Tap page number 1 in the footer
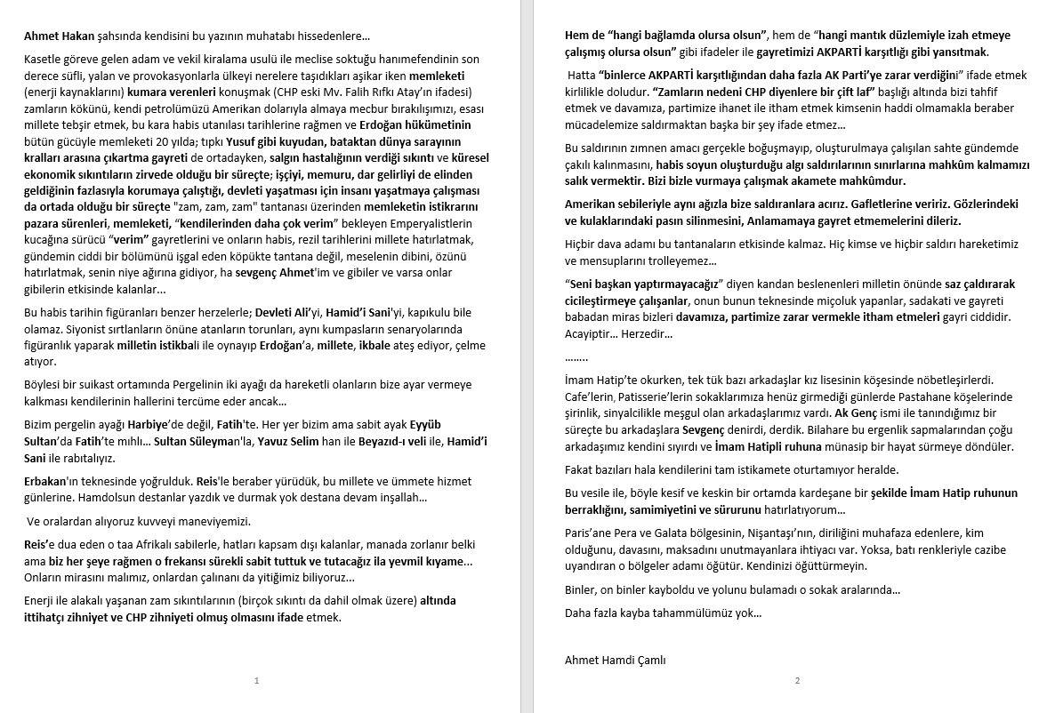click(256, 681)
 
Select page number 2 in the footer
click(797, 681)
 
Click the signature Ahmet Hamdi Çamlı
click(615, 661)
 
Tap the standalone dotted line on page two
click(576, 357)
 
